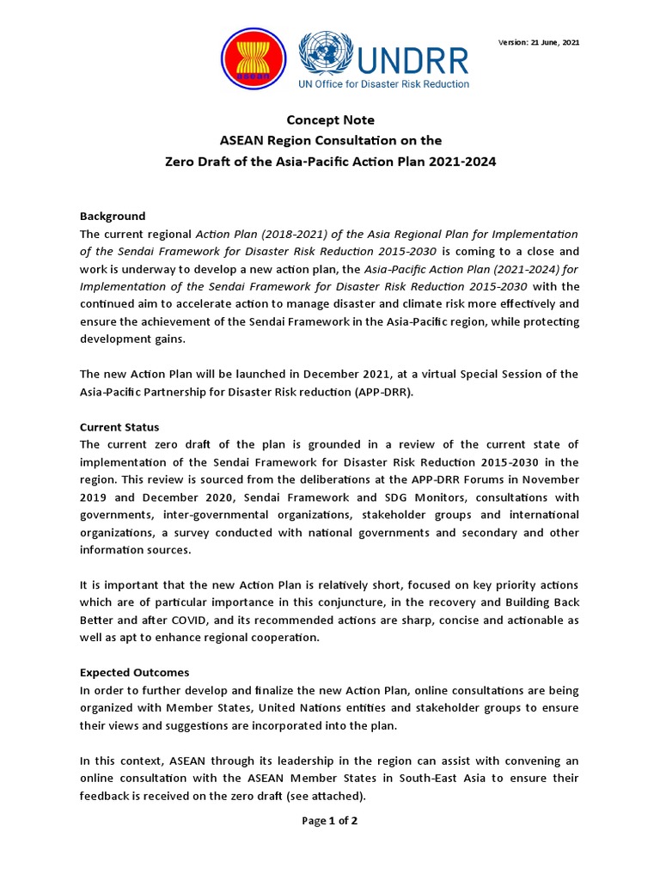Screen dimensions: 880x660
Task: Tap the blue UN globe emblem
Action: [320, 53]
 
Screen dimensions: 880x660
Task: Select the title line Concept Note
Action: [330, 120]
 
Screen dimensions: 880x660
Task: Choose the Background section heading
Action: [113, 216]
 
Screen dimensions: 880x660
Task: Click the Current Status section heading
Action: [119, 427]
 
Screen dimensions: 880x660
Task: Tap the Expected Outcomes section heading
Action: [134, 672]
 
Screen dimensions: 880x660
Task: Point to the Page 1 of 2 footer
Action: [329, 821]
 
